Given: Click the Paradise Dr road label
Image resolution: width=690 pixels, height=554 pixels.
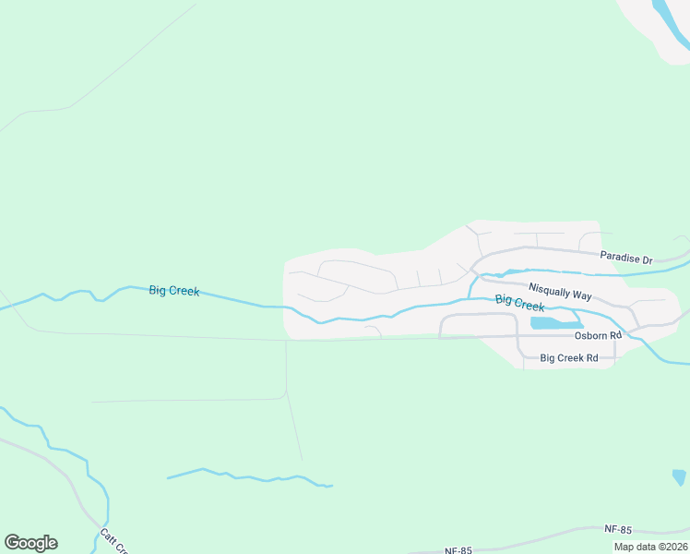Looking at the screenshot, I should pyautogui.click(x=625, y=259).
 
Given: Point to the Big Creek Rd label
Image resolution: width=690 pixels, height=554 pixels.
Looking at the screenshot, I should pyautogui.click(x=569, y=357).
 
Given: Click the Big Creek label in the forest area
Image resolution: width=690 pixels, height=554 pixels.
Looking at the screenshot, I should pyautogui.click(x=173, y=291).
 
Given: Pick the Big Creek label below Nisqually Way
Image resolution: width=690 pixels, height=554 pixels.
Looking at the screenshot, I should pyautogui.click(x=519, y=303).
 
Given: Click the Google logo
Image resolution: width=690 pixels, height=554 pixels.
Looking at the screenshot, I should pyautogui.click(x=30, y=543).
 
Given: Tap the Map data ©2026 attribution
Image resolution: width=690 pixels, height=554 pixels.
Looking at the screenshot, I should pyautogui.click(x=650, y=547).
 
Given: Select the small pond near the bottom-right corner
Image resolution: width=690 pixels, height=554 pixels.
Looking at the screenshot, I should pyautogui.click(x=679, y=476).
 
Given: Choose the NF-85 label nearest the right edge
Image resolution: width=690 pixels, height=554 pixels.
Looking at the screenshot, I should pyautogui.click(x=618, y=529).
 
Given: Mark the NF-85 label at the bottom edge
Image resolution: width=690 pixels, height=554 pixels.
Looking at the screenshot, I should pyautogui.click(x=458, y=550).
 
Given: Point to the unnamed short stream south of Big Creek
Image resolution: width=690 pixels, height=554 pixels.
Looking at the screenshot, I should pyautogui.click(x=249, y=477).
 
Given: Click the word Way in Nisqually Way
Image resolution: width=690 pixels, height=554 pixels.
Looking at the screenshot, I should pyautogui.click(x=581, y=296).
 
